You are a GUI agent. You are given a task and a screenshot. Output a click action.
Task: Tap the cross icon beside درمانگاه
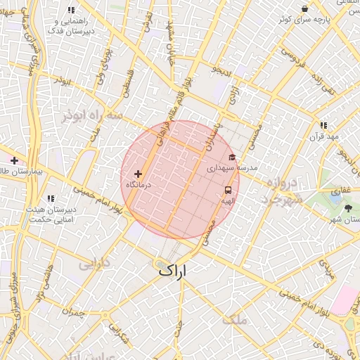138,173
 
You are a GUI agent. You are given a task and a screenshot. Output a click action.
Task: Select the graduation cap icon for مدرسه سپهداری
232,157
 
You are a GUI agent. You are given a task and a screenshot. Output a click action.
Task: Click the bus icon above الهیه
228,190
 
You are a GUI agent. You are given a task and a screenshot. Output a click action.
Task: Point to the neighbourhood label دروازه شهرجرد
283,191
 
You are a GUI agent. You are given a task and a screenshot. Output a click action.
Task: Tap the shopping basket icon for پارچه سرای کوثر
304,8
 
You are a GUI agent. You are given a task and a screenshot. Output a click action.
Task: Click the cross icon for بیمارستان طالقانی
14,160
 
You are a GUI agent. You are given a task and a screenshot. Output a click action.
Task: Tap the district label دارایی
94,264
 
